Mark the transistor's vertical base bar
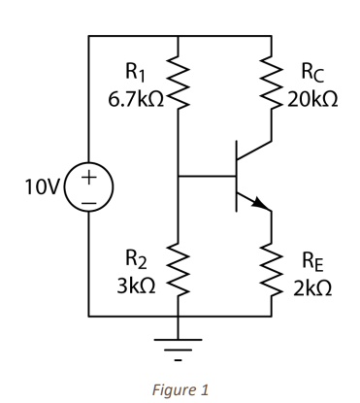[240, 177]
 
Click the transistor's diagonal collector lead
[255, 153]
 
